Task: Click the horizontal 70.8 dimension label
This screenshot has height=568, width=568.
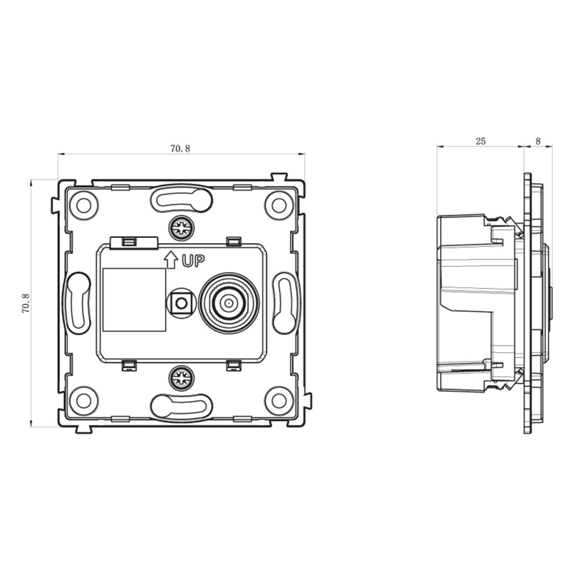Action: pos(180,148)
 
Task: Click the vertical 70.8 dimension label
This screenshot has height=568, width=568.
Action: pos(26,303)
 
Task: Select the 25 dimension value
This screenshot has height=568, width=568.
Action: pos(481,141)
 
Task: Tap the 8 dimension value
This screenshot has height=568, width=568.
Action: pos(538,141)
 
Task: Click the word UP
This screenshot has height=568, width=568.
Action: pos(193,261)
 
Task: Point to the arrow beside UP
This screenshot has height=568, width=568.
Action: pos(171,260)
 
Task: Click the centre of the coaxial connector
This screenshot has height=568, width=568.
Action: pos(229,303)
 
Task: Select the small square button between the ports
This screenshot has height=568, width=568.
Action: pos(181,303)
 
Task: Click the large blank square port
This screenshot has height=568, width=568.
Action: pos(135,300)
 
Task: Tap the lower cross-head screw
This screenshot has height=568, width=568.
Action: pos(181,378)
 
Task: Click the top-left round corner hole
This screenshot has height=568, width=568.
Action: pos(83,206)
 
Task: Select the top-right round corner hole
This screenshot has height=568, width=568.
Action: pos(278,206)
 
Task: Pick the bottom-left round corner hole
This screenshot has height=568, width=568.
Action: pos(83,400)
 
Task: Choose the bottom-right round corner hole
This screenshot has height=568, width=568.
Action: pos(278,400)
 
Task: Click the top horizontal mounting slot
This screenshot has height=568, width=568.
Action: pos(181,198)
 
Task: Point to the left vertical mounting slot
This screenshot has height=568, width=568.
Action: pos(77,303)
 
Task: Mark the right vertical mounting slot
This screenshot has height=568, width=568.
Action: pos(285,303)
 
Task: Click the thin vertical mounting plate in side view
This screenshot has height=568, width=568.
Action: pos(528,303)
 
